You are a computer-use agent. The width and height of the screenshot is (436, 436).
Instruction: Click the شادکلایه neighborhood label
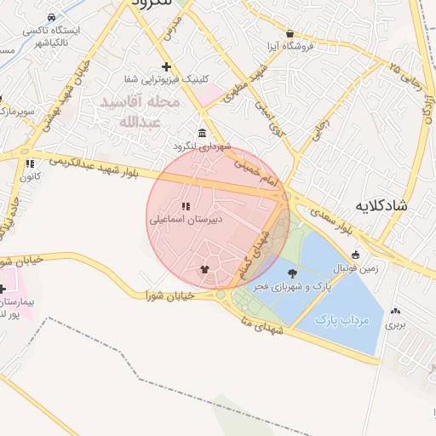(x=385, y=205)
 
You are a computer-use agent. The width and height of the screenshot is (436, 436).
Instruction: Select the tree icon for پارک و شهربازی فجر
(x=293, y=273)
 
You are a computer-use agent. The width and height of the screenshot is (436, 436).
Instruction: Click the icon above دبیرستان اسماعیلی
(x=186, y=206)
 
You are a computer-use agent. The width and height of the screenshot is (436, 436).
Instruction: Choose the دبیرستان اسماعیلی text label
(x=186, y=219)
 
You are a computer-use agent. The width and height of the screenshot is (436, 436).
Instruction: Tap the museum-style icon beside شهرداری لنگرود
(x=201, y=134)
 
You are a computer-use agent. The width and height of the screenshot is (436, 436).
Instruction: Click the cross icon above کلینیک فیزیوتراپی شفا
(x=166, y=66)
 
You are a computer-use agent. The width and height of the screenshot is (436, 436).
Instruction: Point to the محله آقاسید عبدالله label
(x=140, y=111)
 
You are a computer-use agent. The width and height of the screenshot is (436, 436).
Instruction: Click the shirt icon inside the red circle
(x=204, y=270)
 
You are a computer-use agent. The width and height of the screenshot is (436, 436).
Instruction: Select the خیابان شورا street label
(x=170, y=295)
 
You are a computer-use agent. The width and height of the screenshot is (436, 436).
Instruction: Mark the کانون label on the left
(x=32, y=176)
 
